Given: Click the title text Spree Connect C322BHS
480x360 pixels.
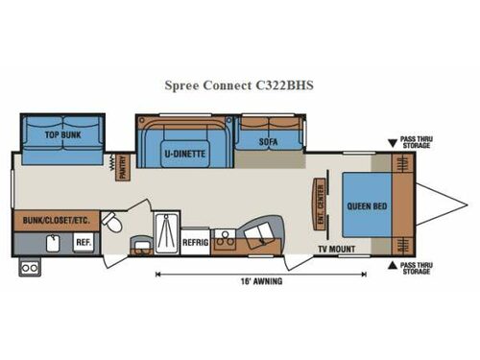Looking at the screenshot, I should (x=238, y=84).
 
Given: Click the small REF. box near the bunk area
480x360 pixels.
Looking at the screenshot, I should (x=83, y=242).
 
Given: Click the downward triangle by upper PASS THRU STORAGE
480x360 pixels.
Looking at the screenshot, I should (x=392, y=143).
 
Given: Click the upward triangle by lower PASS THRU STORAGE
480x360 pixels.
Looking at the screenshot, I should (x=392, y=264).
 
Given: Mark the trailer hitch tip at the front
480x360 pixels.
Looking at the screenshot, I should (x=458, y=204).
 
